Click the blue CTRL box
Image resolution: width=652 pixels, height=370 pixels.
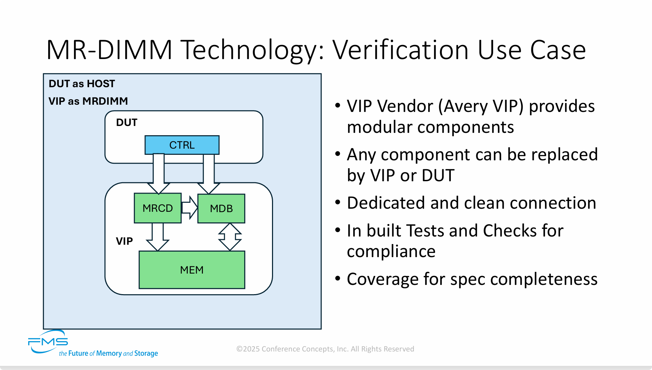coord(182,145)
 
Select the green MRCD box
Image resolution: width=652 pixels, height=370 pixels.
coord(157,208)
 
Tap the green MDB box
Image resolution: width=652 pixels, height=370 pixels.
coord(221,208)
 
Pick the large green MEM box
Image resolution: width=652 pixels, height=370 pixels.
coord(192,270)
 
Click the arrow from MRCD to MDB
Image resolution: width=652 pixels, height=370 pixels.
coord(189,207)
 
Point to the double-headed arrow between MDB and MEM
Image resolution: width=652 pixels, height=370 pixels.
coord(230,237)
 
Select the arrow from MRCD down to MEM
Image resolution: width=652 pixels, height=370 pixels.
coord(157,237)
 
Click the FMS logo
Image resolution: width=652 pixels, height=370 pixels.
coord(48,342)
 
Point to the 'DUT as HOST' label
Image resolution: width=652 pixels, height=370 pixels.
coord(82,84)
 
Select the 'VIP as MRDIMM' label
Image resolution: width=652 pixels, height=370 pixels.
coord(88,101)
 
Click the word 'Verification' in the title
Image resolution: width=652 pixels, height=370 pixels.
coord(400,50)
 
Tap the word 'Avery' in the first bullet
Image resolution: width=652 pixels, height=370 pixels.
coord(466,106)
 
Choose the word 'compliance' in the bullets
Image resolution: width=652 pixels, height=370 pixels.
coord(391,251)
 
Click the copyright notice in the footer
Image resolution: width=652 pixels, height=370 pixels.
coord(325,349)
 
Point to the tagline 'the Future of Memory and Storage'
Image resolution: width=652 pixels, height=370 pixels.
coord(108,354)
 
